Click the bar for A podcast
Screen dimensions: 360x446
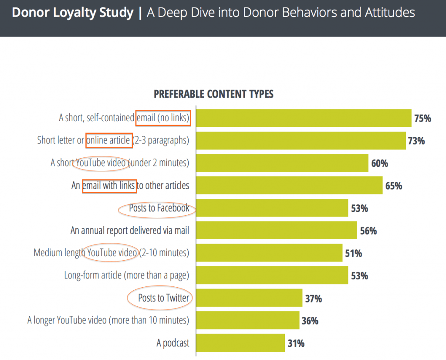240,343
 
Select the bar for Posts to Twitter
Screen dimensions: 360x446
249,298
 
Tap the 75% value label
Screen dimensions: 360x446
422,118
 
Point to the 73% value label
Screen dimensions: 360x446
416,141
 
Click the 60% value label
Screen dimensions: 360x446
379,163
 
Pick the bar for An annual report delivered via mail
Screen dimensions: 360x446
276,231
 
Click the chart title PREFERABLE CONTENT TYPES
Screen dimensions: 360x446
213,94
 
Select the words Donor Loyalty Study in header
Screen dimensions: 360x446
73,13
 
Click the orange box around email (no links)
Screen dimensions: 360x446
163,118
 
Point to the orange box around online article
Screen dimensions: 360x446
109,140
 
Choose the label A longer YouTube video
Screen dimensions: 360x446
108,321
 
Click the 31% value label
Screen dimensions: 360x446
296,343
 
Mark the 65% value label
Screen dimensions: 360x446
393,186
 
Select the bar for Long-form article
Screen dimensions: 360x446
272,275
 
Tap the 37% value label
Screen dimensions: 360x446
313,299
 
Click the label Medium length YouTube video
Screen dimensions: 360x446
111,253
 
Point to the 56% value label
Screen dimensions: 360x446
368,231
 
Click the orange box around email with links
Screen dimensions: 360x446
109,186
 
